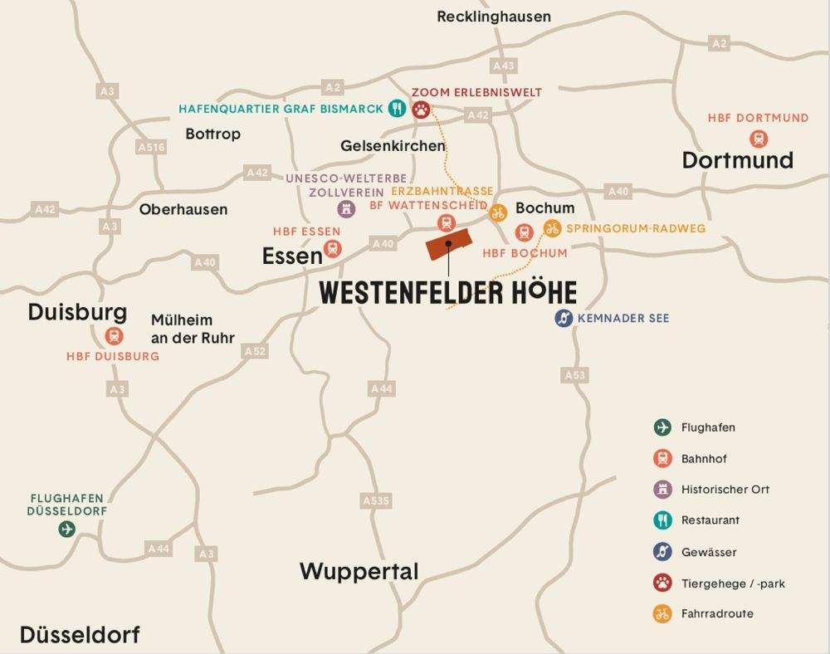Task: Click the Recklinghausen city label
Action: [493, 17]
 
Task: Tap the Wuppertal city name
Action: [359, 571]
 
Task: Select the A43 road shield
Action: [503, 65]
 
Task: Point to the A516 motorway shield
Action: [151, 147]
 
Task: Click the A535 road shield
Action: [375, 500]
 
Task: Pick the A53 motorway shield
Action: [575, 375]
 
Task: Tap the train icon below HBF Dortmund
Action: [758, 139]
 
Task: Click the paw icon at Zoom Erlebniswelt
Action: [422, 109]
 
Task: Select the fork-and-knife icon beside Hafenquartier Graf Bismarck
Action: [398, 109]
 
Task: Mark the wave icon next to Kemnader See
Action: [564, 318]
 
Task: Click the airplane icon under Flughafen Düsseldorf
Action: [66, 529]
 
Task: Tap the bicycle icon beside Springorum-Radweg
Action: [552, 228]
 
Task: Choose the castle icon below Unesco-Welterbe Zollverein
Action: [346, 209]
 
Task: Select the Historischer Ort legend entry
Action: [725, 490]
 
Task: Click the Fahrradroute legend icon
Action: [662, 614]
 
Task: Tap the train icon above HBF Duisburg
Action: [114, 336]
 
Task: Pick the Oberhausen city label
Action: [183, 209]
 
